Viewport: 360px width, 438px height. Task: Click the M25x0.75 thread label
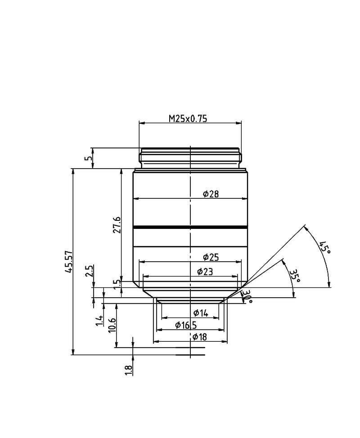[188, 119]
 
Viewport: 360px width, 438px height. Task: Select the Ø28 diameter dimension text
[211, 194]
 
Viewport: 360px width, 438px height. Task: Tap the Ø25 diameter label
[211, 257]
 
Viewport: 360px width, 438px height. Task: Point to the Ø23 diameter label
[205, 272]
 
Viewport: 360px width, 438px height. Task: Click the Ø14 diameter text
[201, 313]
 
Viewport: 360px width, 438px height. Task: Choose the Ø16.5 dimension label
[186, 325]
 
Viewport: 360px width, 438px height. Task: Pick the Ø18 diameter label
[199, 337]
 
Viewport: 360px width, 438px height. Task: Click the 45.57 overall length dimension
[69, 261]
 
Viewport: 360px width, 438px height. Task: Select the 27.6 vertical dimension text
[117, 225]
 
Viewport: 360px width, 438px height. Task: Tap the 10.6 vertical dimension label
[112, 325]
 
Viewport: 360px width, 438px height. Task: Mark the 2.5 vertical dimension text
[89, 271]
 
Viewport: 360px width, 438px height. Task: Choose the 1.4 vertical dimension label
[99, 320]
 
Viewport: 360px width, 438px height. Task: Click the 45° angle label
[324, 247]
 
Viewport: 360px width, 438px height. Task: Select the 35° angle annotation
[295, 276]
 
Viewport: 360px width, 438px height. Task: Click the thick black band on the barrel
[190, 227]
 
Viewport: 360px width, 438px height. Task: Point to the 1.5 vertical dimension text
[117, 284]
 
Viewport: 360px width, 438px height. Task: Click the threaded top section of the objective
[190, 158]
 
